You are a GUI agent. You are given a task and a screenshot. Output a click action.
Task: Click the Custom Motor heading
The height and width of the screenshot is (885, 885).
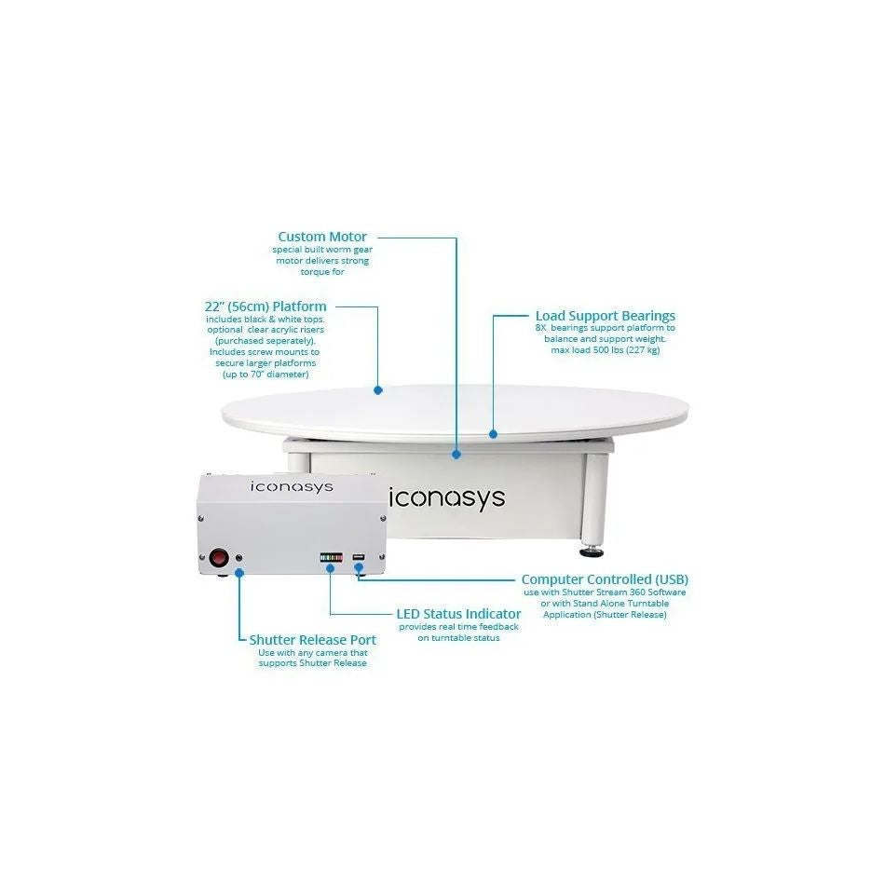click(322, 237)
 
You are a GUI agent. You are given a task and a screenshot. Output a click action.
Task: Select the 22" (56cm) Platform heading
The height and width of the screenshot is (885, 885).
click(265, 306)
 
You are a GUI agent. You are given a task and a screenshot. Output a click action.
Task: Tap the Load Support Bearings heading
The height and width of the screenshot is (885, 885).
click(605, 316)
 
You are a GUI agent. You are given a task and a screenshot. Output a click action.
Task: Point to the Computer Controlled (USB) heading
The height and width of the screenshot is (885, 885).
click(605, 579)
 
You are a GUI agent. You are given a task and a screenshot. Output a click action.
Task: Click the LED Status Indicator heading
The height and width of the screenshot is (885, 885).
click(458, 614)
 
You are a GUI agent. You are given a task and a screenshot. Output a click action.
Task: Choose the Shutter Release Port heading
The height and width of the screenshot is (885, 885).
click(313, 640)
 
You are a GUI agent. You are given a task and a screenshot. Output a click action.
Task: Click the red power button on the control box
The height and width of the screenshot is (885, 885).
click(218, 558)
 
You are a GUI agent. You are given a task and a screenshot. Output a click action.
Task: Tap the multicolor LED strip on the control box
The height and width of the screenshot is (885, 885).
click(331, 558)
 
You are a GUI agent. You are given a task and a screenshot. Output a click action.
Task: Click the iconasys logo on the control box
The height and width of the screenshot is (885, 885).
click(292, 487)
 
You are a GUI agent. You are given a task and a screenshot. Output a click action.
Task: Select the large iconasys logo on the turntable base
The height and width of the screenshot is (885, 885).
click(447, 498)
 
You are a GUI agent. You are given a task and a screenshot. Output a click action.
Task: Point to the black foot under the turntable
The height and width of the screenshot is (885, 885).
click(591, 551)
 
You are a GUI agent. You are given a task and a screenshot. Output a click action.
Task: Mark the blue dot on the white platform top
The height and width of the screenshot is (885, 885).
click(378, 390)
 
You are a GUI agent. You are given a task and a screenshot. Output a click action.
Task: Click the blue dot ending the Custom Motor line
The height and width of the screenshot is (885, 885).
click(456, 454)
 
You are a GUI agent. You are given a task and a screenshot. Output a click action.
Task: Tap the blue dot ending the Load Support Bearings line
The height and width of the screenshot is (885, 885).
click(494, 434)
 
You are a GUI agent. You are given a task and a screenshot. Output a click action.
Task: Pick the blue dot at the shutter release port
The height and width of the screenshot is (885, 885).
click(239, 573)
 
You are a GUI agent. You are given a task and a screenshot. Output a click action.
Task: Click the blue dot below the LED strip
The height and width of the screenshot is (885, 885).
click(330, 568)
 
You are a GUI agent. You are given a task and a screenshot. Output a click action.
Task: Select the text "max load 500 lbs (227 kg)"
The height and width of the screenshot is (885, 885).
click(605, 350)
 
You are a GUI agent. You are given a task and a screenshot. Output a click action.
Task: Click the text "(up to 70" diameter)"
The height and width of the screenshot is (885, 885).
click(265, 374)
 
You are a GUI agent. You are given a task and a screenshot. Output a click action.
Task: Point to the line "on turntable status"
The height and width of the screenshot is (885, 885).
click(458, 638)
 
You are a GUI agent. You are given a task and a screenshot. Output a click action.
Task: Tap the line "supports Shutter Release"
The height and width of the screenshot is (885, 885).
click(313, 663)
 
